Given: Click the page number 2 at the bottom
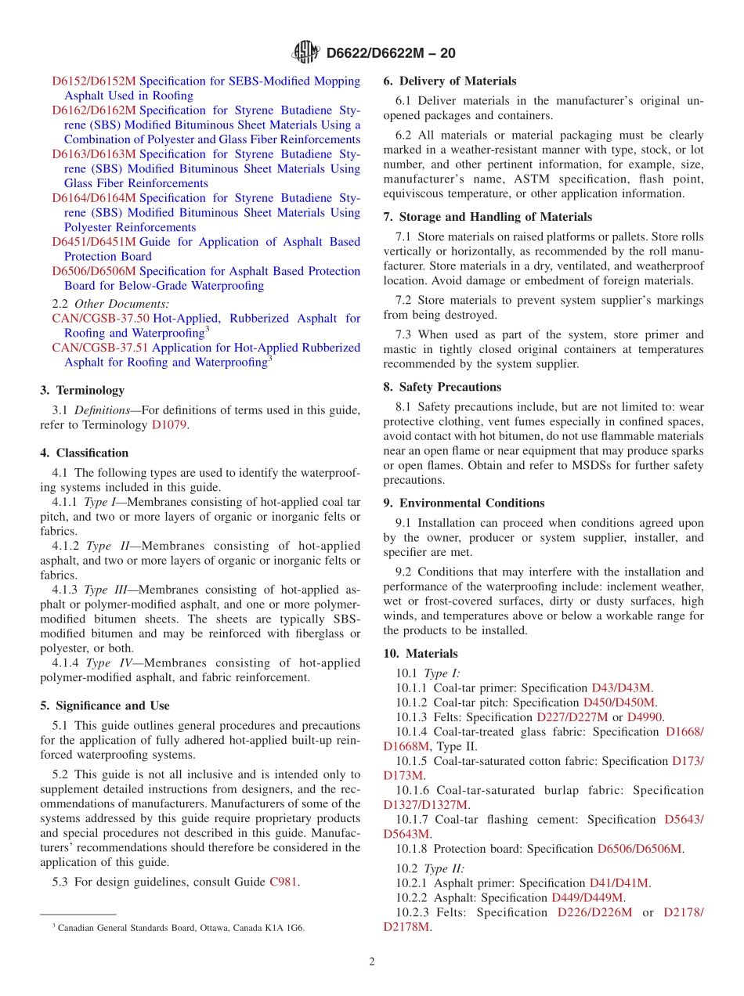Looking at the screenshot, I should pos(372,962).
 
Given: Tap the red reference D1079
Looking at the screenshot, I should pos(170,425).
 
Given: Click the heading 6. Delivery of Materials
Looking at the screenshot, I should pos(450,81).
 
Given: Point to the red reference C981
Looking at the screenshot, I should pos(284,882).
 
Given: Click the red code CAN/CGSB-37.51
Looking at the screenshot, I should pos(100,348).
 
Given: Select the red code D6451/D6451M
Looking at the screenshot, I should pos(94,242).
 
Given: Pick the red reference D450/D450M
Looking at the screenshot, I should pos(619,702).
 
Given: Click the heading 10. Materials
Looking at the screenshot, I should pos(421,653).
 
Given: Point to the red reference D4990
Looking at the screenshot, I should pos(645,717).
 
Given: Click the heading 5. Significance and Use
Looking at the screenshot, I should pos(104,705).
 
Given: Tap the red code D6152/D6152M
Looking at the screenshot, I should pos(94,81).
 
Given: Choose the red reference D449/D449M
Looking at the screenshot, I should pos(587,897).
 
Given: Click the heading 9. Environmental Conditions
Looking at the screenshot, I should pos(464,503).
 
